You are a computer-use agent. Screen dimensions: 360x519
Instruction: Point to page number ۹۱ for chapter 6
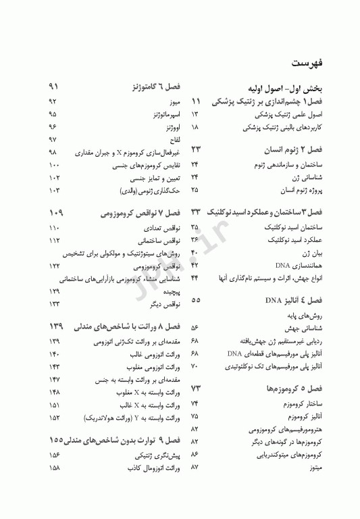[x=55, y=88]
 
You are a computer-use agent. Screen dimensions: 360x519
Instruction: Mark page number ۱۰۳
[x=55, y=191]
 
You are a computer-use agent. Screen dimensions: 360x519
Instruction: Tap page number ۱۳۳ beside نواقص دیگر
[x=55, y=304]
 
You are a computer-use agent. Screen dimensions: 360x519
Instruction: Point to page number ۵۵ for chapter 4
[x=196, y=299]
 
